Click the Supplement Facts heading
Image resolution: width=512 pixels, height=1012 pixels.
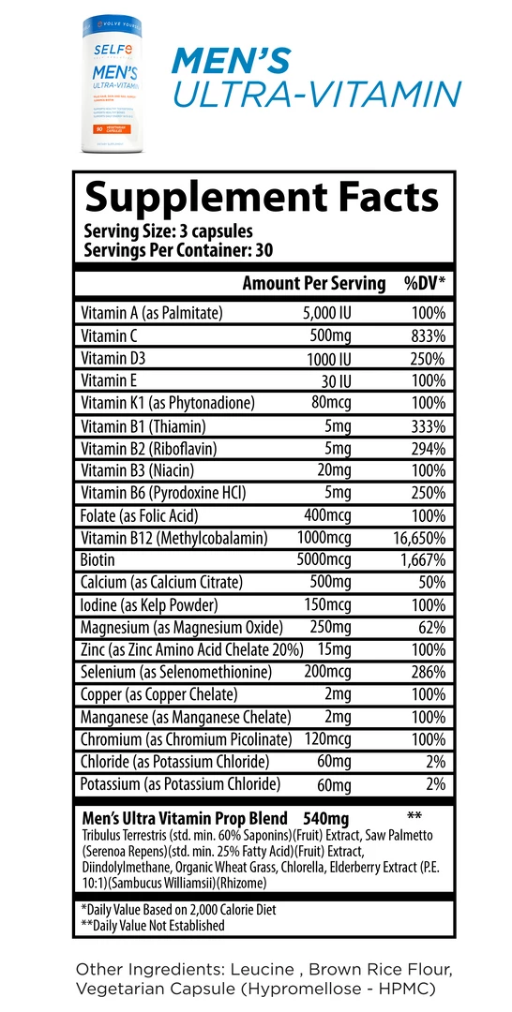(x=262, y=198)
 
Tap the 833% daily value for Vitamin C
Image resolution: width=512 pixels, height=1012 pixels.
(x=425, y=335)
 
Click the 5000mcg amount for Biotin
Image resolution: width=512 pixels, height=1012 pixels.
(x=324, y=560)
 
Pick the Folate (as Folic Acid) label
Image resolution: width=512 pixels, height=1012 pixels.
(x=140, y=515)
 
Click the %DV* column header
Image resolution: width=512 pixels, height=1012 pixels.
(x=424, y=283)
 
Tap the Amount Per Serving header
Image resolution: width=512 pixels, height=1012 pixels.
(x=313, y=283)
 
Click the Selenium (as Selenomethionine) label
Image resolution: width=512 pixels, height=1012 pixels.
(x=176, y=672)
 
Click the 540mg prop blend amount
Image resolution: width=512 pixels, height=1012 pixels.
(x=329, y=817)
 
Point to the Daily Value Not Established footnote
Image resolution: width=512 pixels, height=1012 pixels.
(x=153, y=925)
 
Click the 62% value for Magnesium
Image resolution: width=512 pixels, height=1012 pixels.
(x=431, y=627)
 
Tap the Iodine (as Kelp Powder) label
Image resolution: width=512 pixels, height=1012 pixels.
(x=149, y=604)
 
